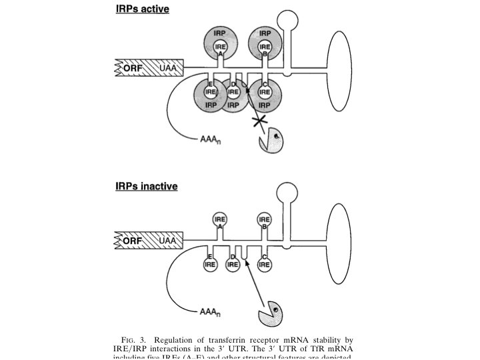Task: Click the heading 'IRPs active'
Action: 142,10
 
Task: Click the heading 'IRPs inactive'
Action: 147,186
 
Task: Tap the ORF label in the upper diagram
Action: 133,68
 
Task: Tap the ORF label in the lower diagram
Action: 133,240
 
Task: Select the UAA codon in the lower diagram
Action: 168,240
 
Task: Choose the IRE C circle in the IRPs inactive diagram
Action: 265,263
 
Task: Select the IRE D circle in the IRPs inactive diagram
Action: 233,264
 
